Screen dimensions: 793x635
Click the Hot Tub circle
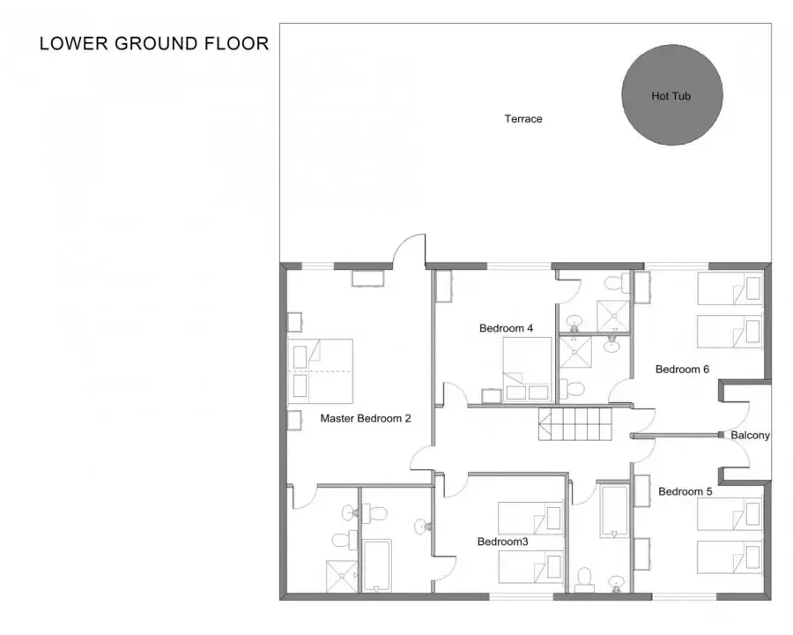(x=672, y=94)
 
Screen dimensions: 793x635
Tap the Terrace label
(x=523, y=119)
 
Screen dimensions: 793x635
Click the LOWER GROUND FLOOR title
(x=154, y=43)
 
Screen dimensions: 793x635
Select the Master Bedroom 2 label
(x=366, y=418)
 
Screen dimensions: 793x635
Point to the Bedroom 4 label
(x=507, y=328)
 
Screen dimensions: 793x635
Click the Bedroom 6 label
(x=682, y=370)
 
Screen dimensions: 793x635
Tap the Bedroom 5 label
(x=686, y=492)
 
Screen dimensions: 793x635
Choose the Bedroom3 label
(x=503, y=542)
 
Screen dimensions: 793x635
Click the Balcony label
(x=751, y=435)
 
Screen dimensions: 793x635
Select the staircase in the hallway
(x=575, y=424)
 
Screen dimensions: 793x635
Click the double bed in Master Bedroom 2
(x=320, y=371)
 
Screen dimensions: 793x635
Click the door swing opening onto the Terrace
(x=409, y=249)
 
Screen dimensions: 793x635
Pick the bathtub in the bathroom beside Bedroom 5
(x=614, y=511)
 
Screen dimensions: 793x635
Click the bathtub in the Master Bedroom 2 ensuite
(x=377, y=566)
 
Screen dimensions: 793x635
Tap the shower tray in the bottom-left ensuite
(x=342, y=576)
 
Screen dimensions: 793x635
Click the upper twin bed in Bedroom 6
(x=730, y=288)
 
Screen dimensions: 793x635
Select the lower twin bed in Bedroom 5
(x=730, y=557)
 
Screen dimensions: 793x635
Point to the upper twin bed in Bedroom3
(x=530, y=518)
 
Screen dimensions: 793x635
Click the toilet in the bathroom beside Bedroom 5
(x=585, y=579)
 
